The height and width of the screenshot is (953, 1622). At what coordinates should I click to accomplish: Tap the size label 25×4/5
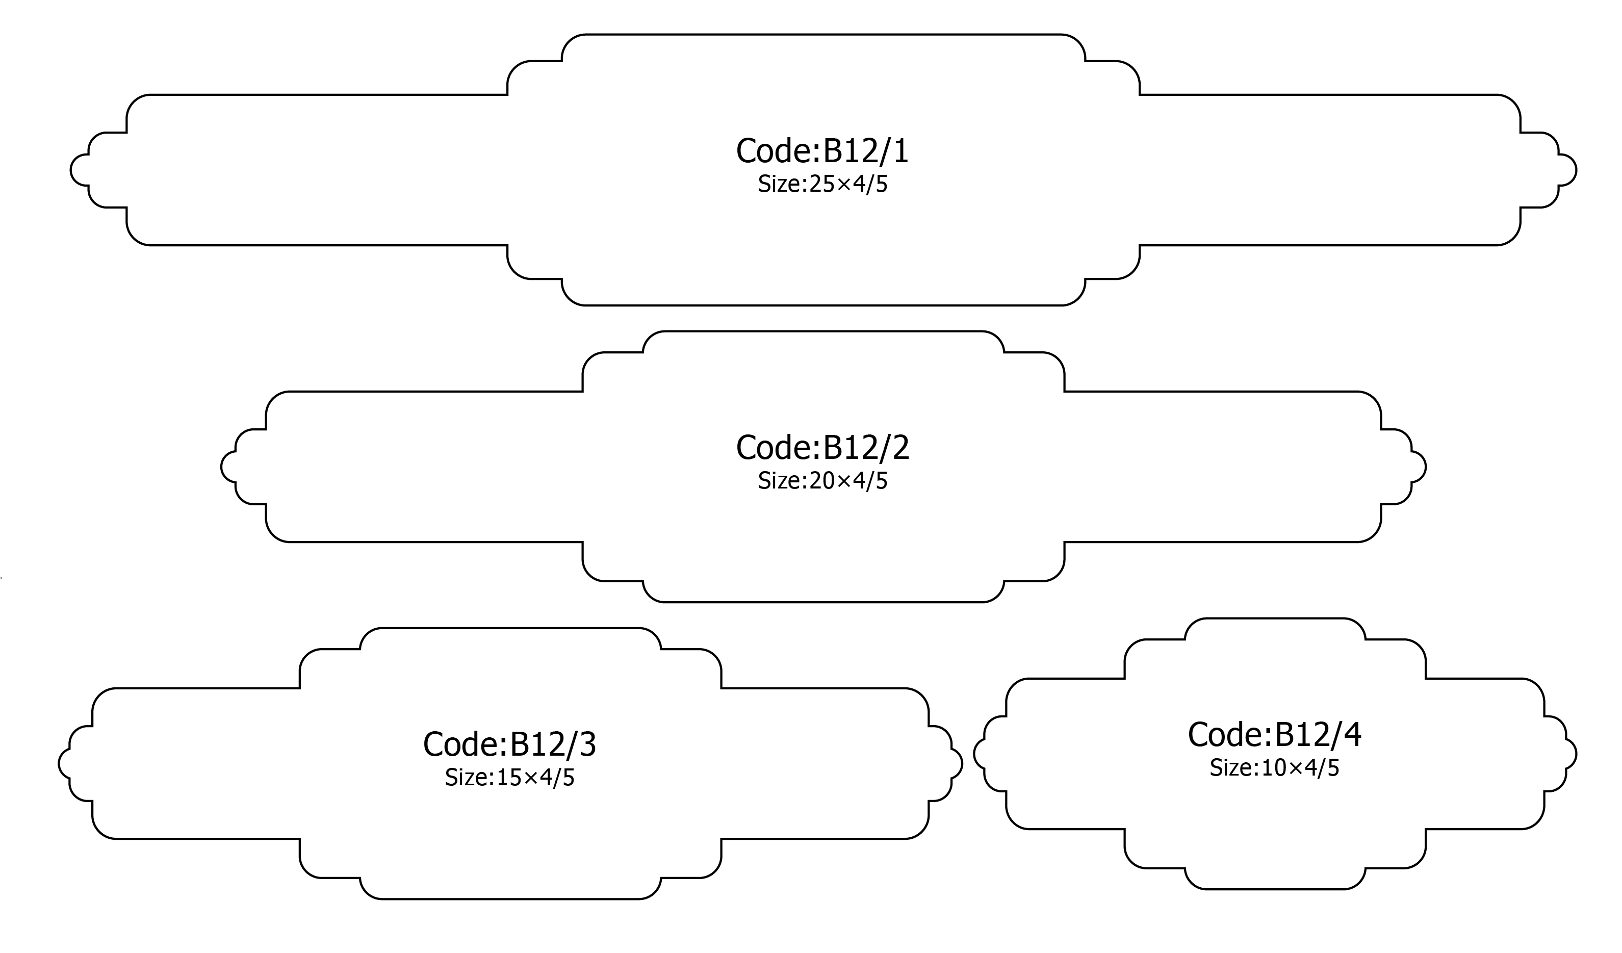822,184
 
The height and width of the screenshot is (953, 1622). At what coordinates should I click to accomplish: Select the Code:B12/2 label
822,447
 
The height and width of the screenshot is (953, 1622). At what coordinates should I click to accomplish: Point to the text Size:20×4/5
822,481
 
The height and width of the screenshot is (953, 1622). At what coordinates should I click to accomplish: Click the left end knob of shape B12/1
80,170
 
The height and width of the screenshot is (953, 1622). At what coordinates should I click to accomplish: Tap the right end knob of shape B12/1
1566,170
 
